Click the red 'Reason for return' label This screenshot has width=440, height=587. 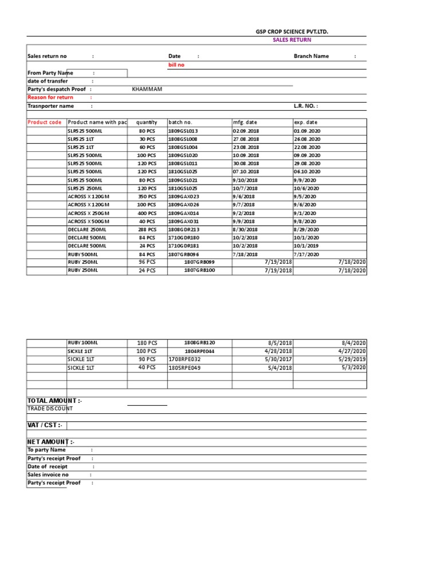coord(50,97)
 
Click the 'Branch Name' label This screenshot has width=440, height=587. coord(311,56)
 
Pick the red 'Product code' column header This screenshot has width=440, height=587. coord(44,122)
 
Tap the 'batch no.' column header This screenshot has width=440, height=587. coord(180,122)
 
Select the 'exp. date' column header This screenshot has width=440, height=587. coord(305,122)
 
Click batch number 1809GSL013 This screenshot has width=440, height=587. coord(183,131)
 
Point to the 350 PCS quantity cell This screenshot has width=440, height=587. coord(147,197)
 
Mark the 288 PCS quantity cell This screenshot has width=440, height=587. coord(147,229)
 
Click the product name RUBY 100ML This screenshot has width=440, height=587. coord(82,343)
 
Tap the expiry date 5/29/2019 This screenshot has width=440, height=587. coord(352,359)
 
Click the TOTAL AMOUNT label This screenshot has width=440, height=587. coord(54,400)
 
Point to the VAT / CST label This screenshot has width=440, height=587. coord(46,425)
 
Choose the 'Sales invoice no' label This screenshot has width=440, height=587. coord(48,475)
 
